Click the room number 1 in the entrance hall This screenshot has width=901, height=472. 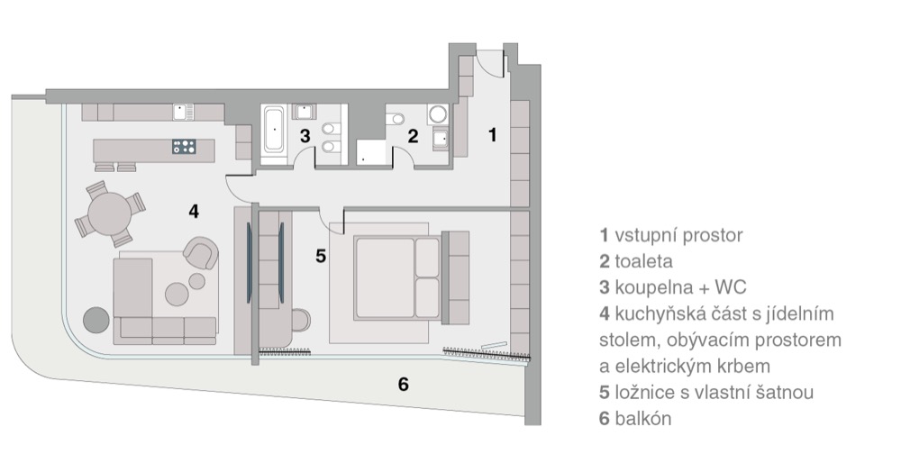[492, 135]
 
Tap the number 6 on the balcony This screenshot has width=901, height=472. [404, 384]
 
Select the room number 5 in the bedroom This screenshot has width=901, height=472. [321, 256]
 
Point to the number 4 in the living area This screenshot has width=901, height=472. [194, 212]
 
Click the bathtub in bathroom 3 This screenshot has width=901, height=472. [273, 131]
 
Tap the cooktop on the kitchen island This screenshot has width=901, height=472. [184, 147]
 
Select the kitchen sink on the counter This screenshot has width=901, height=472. [183, 112]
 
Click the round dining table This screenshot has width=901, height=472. [109, 213]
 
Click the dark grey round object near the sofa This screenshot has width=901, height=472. [96, 320]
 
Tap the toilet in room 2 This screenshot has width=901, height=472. [395, 119]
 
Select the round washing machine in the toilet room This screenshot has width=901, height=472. [438, 114]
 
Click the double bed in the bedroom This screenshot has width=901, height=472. [397, 277]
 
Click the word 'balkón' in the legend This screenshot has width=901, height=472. [643, 418]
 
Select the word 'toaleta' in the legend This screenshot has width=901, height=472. [643, 261]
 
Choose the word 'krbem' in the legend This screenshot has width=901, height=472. [742, 366]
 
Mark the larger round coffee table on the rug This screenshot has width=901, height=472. [177, 294]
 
